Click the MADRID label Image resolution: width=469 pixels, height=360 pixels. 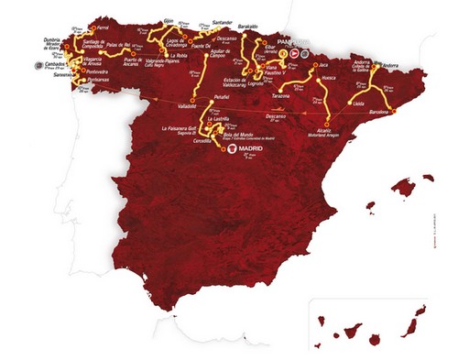pos(249,147)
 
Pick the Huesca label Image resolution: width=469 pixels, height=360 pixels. pos(332,82)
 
